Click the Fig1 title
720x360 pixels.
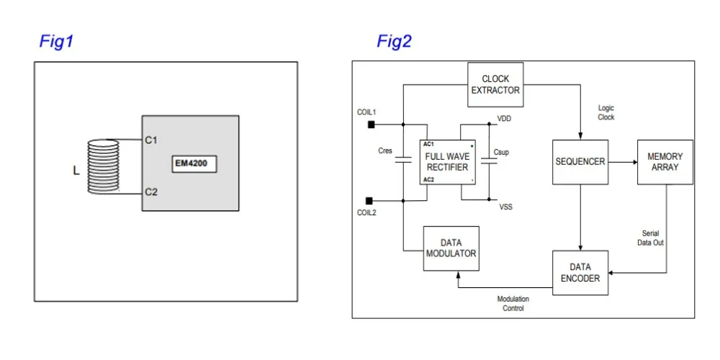coord(56,42)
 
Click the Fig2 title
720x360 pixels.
coord(395,42)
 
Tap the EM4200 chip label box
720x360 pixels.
coord(194,164)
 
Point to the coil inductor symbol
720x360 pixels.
coord(103,166)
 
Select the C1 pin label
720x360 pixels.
coord(151,140)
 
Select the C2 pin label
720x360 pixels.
coord(151,192)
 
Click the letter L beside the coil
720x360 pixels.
coord(76,171)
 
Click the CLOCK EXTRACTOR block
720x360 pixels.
coord(495,85)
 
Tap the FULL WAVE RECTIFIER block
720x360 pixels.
coord(447,162)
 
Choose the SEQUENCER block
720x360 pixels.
coord(580,162)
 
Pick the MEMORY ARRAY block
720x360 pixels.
coord(665,162)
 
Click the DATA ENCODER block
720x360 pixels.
coord(580,273)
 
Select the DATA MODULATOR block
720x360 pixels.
coord(451,248)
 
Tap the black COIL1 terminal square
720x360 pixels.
coord(371,124)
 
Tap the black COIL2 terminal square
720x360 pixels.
coord(369,201)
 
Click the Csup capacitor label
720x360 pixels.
coord(502,153)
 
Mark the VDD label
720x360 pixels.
coord(505,119)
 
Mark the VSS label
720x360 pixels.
coord(506,207)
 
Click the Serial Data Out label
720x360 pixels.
coord(651,238)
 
